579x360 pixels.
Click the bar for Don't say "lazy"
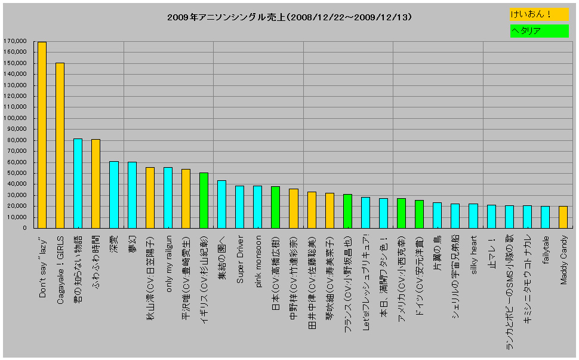[42, 135]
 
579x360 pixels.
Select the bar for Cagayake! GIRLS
[60, 145]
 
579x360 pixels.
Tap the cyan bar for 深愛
[113, 195]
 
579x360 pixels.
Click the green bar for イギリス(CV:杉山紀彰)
[204, 200]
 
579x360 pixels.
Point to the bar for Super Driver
[239, 207]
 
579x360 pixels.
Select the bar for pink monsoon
[257, 207]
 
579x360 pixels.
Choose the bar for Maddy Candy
[563, 217]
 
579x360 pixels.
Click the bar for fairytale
[545, 217]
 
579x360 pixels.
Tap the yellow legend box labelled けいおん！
[539, 14]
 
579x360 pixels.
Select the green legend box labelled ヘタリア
[539, 31]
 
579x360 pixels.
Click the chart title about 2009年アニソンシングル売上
[289, 18]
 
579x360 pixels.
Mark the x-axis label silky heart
[473, 256]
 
